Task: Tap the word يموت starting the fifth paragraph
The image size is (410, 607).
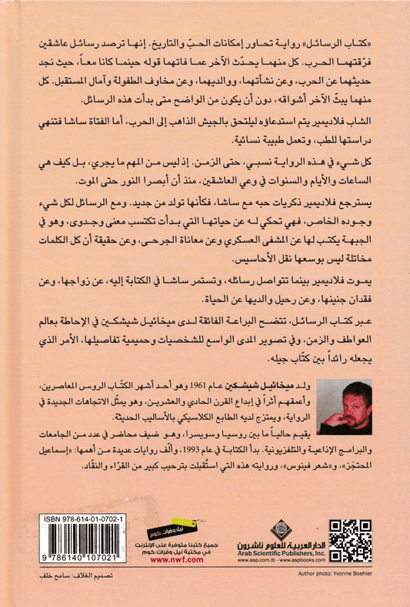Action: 365,279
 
